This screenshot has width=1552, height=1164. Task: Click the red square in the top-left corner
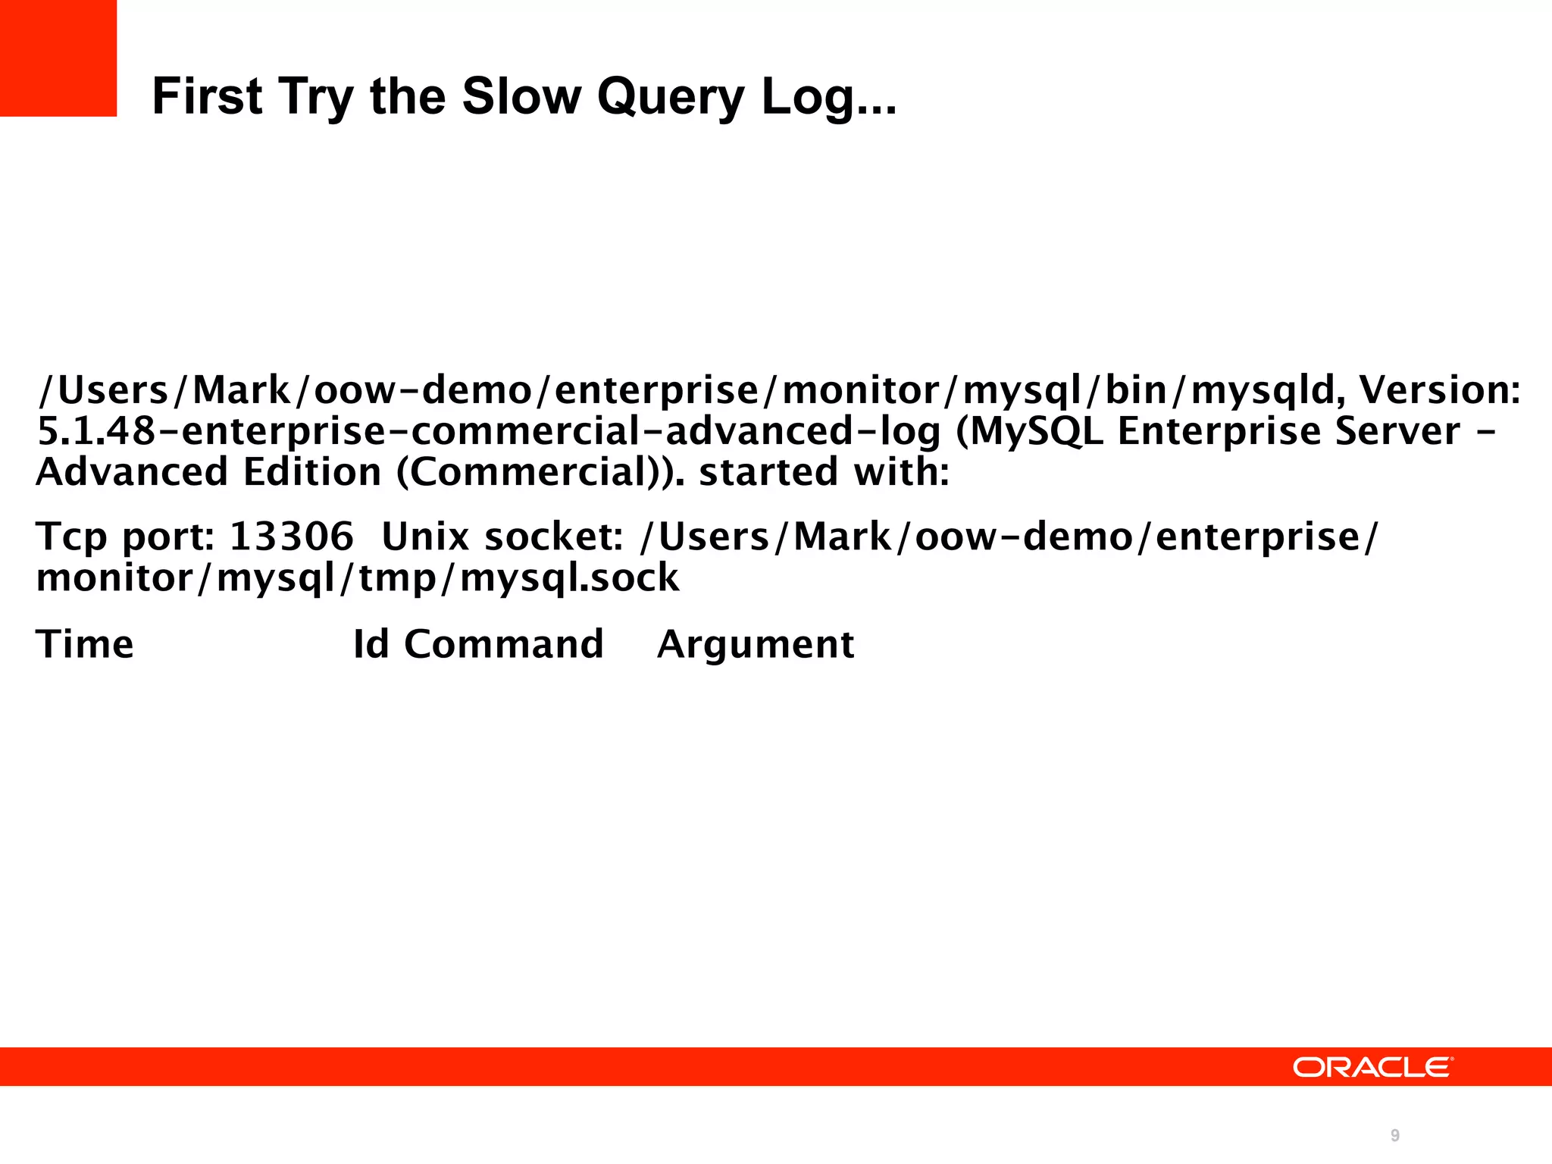point(58,58)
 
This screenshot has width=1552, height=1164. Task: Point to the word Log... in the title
point(828,99)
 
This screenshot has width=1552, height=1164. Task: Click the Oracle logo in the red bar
point(1372,1067)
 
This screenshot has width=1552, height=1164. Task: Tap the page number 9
point(1394,1135)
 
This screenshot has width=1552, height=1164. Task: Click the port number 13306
point(291,537)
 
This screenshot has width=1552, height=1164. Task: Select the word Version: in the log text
point(1439,390)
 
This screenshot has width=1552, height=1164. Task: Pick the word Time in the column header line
point(85,645)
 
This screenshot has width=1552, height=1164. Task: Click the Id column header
point(371,645)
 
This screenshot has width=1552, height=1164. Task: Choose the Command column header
point(504,645)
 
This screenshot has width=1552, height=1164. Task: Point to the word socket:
point(554,537)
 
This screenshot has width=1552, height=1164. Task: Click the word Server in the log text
point(1397,430)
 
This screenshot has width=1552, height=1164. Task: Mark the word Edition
point(312,472)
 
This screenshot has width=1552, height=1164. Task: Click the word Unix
point(425,537)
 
